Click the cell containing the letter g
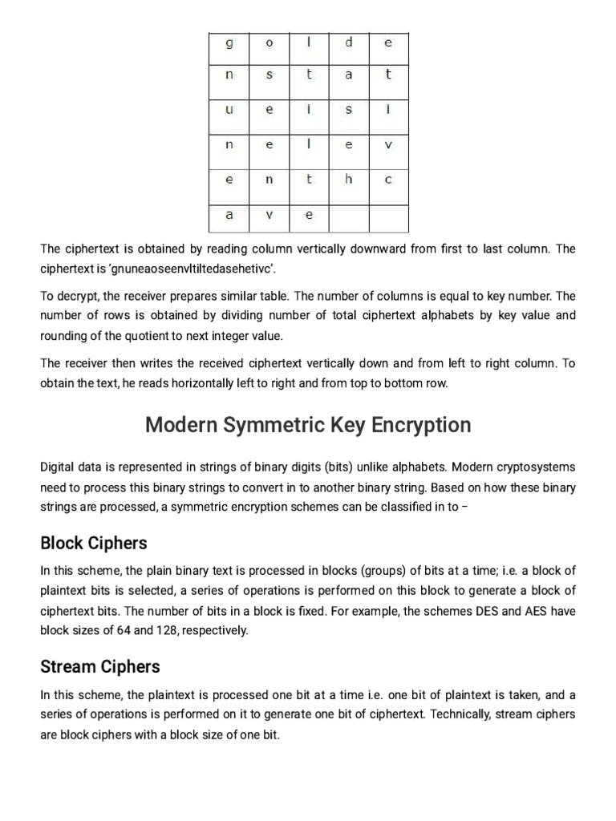point(229,43)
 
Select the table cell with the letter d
point(348,43)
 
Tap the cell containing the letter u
point(229,111)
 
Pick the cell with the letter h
point(348,180)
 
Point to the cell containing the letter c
point(388,180)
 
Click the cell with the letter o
point(269,43)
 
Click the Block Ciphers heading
point(94,543)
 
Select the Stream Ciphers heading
point(100,666)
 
